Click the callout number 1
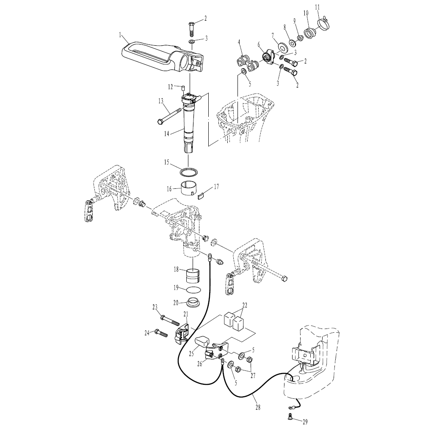click(120, 34)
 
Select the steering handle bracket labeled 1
click(157, 55)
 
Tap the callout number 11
click(318, 7)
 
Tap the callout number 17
click(216, 186)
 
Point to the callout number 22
click(245, 305)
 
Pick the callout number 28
click(258, 408)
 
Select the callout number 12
click(169, 87)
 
